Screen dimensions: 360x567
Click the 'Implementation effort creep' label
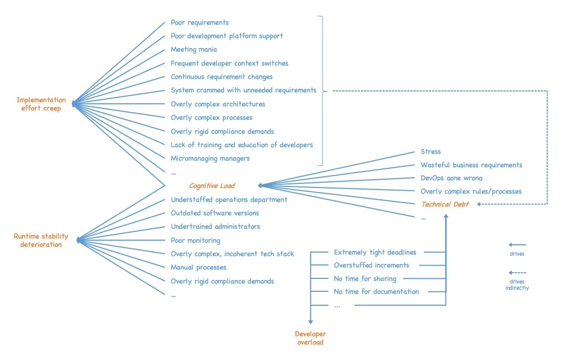(x=41, y=104)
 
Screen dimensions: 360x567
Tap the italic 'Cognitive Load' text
(x=212, y=186)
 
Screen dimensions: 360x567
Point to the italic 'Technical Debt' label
(x=445, y=204)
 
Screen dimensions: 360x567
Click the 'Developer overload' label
(x=310, y=338)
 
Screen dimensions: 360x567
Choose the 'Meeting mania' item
(x=194, y=50)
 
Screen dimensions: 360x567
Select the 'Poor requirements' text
(x=200, y=23)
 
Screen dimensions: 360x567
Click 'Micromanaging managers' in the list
(x=210, y=159)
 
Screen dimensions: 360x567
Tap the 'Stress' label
(x=431, y=152)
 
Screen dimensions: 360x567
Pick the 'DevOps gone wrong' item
(x=451, y=178)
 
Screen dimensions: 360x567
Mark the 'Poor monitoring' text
(x=195, y=240)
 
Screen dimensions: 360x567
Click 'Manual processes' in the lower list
(x=198, y=268)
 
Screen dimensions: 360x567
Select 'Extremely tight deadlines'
(x=375, y=253)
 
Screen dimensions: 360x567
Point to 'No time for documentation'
(x=376, y=292)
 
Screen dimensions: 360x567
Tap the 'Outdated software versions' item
(x=215, y=213)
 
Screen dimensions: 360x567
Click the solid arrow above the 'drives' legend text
(x=517, y=245)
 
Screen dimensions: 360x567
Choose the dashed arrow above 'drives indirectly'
(x=517, y=273)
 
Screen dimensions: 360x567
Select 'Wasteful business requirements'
(x=471, y=165)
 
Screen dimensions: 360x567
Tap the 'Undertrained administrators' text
(x=216, y=227)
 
